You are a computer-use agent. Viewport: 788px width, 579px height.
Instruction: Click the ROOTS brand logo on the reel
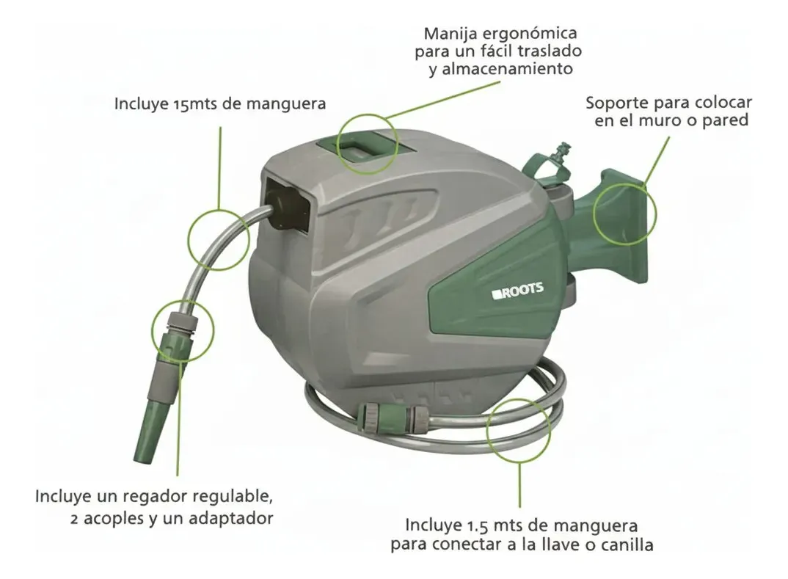pyautogui.click(x=518, y=291)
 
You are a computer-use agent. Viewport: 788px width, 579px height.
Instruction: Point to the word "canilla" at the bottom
pyautogui.click(x=625, y=545)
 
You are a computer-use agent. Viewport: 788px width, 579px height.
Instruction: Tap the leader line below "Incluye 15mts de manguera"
pyautogui.click(x=220, y=167)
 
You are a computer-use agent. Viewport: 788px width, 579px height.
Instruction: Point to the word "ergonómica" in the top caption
pyautogui.click(x=529, y=34)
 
